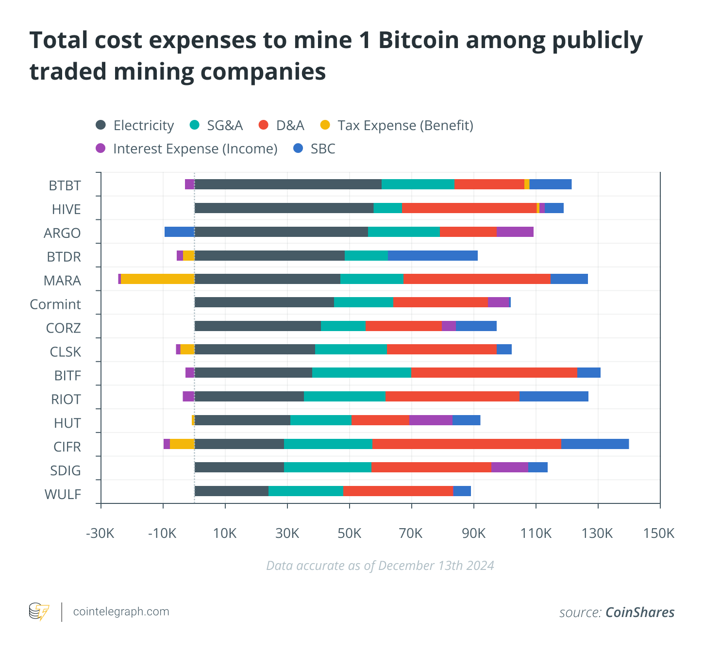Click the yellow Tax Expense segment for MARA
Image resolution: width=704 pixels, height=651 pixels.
click(158, 279)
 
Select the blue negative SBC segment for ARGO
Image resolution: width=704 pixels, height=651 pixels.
click(179, 232)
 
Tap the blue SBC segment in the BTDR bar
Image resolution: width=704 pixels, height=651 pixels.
click(433, 256)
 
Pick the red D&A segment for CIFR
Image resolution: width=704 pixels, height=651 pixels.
click(467, 444)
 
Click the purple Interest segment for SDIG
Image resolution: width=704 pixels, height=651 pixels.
click(509, 467)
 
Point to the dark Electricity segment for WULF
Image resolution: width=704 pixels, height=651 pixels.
click(232, 491)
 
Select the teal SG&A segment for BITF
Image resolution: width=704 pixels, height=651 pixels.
click(362, 373)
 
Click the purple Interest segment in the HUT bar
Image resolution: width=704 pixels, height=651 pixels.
click(431, 420)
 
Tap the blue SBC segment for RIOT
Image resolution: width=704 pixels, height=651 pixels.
click(553, 397)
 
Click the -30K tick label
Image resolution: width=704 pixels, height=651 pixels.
click(100, 534)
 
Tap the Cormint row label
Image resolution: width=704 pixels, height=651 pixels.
click(55, 304)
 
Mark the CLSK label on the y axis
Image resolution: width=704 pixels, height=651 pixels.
click(66, 352)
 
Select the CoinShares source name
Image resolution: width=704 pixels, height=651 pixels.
click(640, 613)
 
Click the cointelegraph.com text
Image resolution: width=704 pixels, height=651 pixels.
click(121, 612)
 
